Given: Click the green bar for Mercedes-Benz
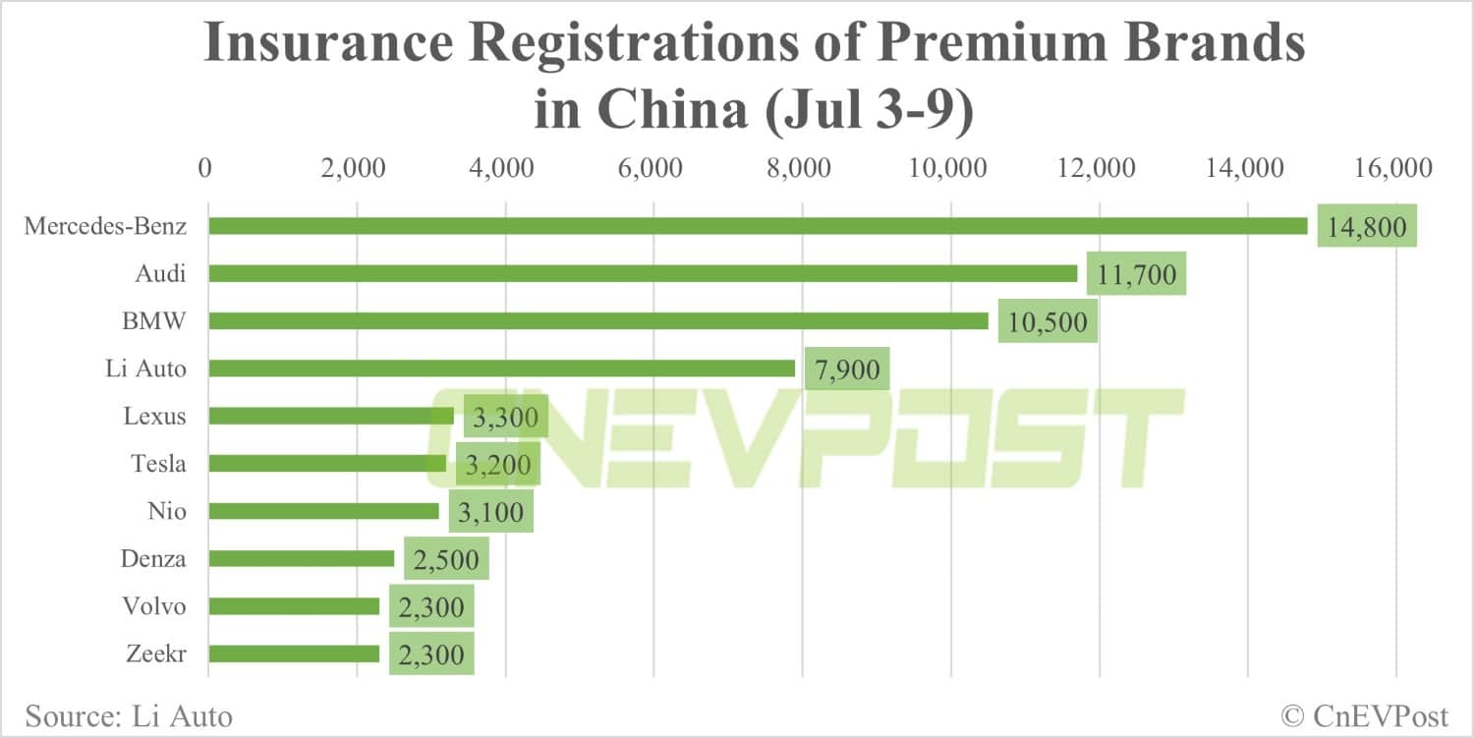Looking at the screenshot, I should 757,226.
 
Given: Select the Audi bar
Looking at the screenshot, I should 643,273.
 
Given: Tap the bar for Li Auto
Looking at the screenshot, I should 501,369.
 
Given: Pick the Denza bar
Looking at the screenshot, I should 301,558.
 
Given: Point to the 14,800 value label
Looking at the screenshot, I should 1366,226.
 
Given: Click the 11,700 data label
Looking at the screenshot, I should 1136,274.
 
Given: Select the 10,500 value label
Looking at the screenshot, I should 1048,321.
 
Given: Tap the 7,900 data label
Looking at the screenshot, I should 847,369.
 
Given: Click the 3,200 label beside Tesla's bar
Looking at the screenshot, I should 498,464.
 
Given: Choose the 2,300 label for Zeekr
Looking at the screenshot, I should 431,653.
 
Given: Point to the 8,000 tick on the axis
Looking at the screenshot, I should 802,168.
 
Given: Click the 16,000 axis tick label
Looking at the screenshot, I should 1394,168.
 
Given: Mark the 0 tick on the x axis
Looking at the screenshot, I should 205,168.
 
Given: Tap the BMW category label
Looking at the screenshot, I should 154,321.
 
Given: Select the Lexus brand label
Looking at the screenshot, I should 154,416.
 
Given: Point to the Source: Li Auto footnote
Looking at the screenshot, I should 129,715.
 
